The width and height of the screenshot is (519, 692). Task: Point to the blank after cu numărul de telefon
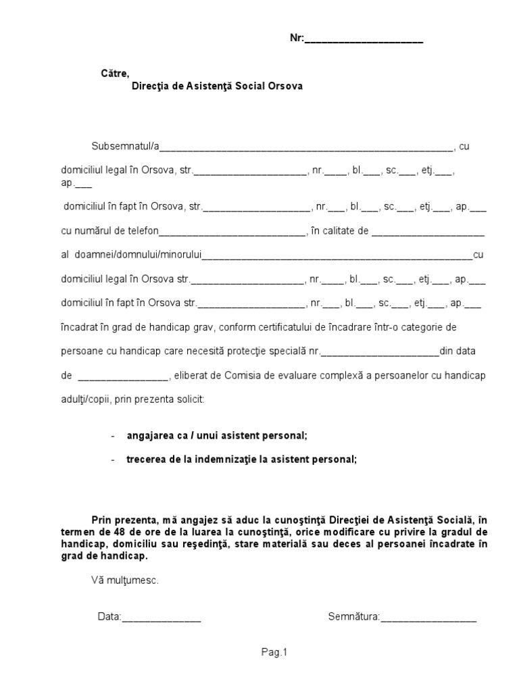pyautogui.click(x=232, y=231)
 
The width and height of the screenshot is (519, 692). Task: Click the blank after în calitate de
pyautogui.click(x=428, y=231)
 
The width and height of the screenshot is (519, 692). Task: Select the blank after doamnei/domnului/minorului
pyautogui.click(x=337, y=255)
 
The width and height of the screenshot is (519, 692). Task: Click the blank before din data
pyautogui.click(x=381, y=351)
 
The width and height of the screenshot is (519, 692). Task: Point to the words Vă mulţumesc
pyautogui.click(x=124, y=580)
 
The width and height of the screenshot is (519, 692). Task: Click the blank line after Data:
pyautogui.click(x=161, y=616)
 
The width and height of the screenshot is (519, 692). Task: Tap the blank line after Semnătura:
pyautogui.click(x=428, y=616)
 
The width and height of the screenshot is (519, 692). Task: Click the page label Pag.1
pyautogui.click(x=274, y=652)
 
